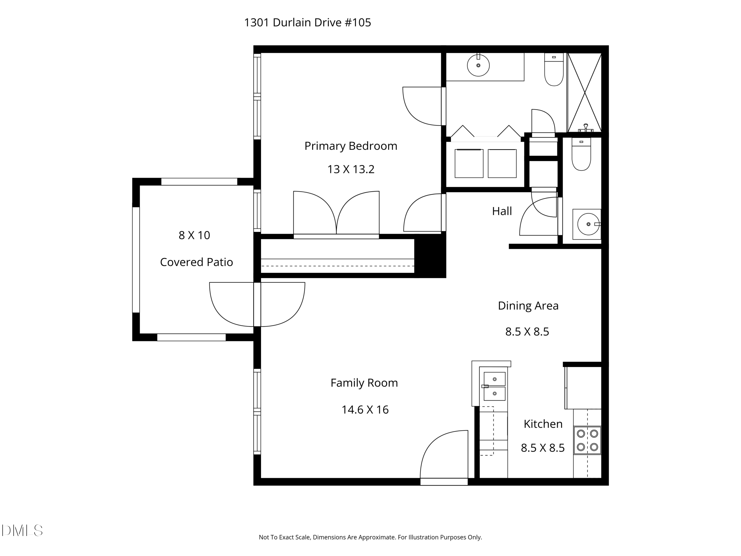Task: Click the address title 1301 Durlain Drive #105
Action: pos(307,22)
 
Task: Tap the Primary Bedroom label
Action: pos(351,146)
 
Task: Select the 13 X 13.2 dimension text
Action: pos(351,169)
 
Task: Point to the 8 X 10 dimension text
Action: pos(194,235)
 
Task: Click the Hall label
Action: pos(502,211)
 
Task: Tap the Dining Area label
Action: pos(528,305)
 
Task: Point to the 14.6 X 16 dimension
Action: pos(365,409)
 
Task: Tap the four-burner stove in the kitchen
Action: pos(587,440)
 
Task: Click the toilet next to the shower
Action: pos(554,70)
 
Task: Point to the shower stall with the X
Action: pos(584,92)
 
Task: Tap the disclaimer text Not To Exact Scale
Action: pos(370,537)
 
